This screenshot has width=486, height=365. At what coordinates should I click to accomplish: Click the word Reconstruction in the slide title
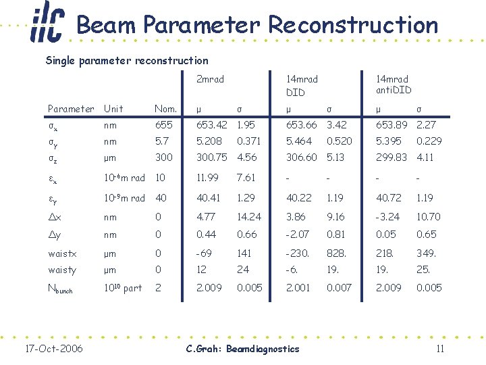352,25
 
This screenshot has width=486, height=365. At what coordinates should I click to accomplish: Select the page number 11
439,349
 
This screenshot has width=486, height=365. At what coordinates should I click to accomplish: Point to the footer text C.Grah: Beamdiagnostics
242,349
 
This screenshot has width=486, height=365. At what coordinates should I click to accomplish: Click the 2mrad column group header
209,80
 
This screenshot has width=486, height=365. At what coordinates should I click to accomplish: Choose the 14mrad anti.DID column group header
394,85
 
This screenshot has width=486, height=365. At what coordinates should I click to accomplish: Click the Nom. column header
165,109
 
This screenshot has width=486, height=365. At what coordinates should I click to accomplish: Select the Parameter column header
71,109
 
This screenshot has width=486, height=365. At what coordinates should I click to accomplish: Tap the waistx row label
63,253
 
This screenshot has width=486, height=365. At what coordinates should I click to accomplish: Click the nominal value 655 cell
163,125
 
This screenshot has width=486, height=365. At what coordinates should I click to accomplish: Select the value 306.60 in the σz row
301,157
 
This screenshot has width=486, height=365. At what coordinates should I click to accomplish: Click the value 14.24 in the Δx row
248,217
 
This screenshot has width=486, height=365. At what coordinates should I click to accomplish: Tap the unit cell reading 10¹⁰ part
122,288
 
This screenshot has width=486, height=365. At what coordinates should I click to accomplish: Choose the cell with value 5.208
209,141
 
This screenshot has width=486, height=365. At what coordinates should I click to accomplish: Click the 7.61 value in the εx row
245,178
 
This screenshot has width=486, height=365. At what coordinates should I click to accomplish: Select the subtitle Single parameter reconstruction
127,61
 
